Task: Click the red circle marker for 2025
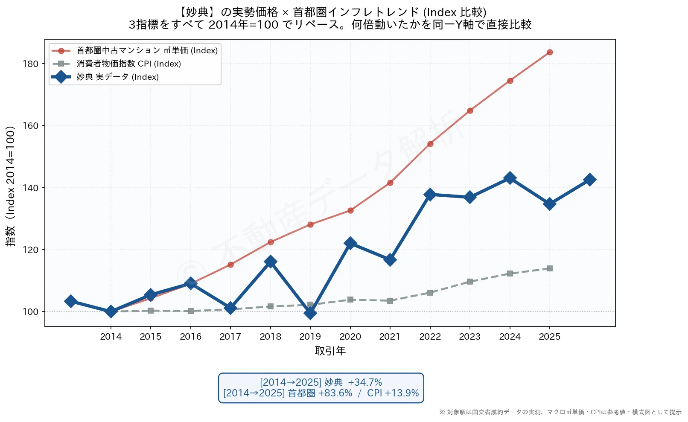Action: click(550, 52)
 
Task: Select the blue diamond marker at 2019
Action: click(310, 313)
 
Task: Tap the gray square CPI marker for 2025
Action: click(550, 268)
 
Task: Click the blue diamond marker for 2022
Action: click(430, 195)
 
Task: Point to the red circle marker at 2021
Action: click(390, 183)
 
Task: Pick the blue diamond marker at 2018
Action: click(270, 262)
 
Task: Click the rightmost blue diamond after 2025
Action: click(590, 180)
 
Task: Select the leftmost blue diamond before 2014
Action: click(71, 301)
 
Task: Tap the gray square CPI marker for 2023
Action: click(470, 282)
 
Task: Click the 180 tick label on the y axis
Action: click(30, 64)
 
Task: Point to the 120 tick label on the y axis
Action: click(30, 250)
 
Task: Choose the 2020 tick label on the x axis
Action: click(350, 337)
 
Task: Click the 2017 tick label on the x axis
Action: click(230, 337)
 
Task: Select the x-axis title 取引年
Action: click(330, 351)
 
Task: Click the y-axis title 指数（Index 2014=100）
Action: click(10, 186)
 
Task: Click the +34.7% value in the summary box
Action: click(365, 382)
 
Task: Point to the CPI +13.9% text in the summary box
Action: click(393, 393)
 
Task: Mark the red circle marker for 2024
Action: click(510, 81)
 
